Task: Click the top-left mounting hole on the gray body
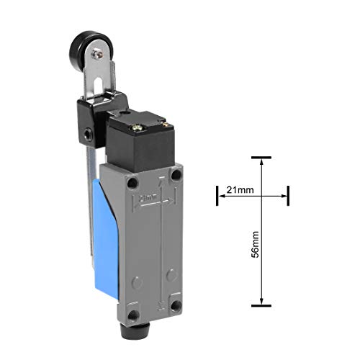click(131, 182)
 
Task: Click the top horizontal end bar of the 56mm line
click(261, 157)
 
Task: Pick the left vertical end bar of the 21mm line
click(217, 194)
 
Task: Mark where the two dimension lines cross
click(261, 194)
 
